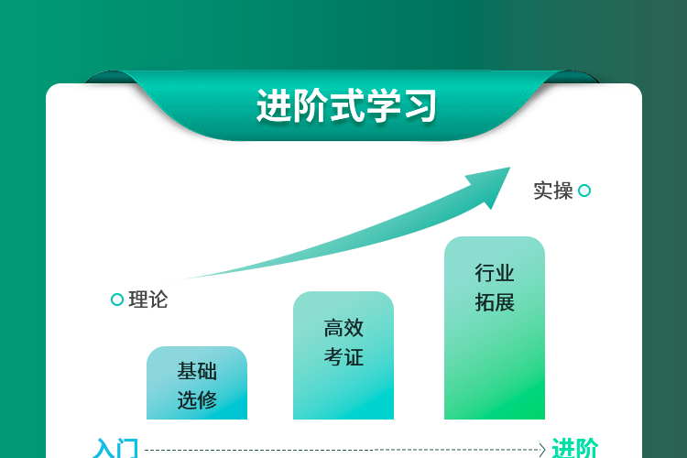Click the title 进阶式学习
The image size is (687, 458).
[346, 105]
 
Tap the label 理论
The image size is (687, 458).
[148, 300]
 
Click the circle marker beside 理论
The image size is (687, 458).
[117, 300]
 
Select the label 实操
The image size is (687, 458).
[553, 191]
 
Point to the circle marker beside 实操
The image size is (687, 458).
[584, 191]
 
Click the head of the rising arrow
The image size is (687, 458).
[492, 185]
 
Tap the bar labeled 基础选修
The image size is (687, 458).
[197, 383]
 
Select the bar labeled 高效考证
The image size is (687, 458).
[343, 355]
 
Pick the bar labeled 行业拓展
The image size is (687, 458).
[495, 328]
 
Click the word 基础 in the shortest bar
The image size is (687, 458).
[197, 371]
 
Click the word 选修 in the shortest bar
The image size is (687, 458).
[197, 399]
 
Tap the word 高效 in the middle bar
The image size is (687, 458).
[343, 328]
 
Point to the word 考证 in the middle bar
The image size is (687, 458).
[343, 356]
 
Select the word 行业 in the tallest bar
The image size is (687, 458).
[495, 273]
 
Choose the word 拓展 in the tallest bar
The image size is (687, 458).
[495, 302]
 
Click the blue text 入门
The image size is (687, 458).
[115, 448]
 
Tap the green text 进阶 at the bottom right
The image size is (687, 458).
[575, 448]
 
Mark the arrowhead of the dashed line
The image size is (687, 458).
[542, 450]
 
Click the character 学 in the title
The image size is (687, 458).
[383, 105]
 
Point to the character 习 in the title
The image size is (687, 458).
[420, 105]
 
